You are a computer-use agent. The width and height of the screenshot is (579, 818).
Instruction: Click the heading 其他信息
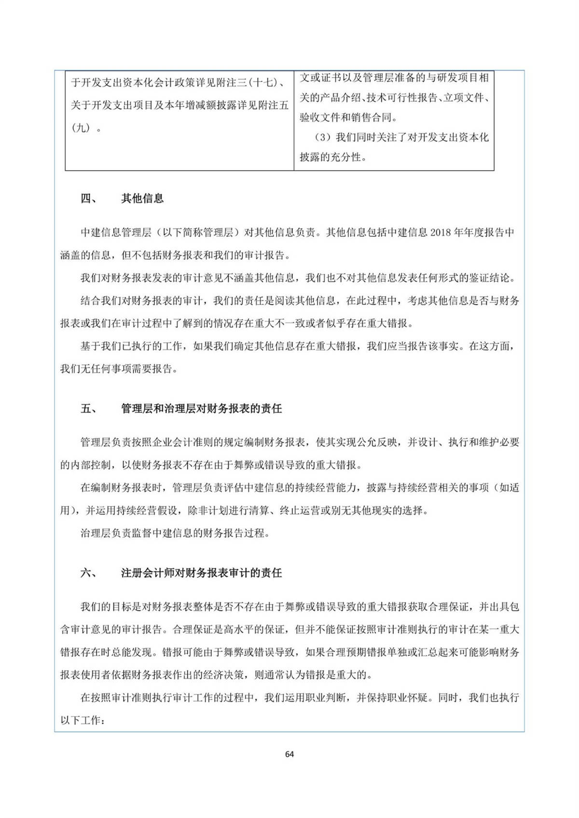coord(142,199)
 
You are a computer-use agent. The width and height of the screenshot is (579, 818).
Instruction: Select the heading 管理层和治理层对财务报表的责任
coord(201,409)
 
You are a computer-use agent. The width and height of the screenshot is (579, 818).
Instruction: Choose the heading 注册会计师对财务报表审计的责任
coord(201,573)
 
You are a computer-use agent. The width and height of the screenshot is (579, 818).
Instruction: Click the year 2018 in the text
coord(440,233)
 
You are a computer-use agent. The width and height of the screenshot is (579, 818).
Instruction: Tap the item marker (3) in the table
coord(323,138)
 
